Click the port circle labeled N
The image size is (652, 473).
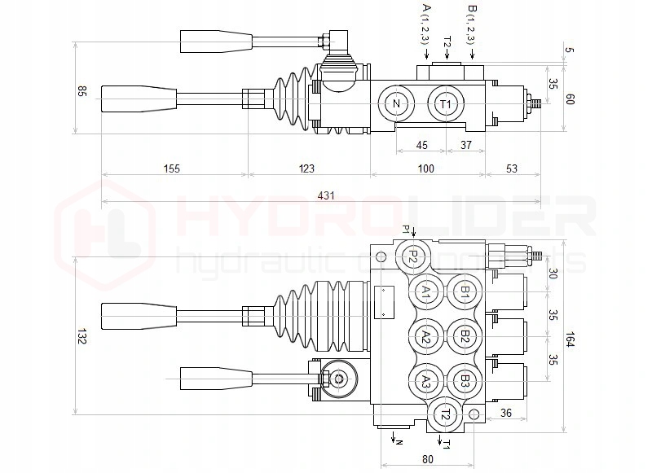pyautogui.click(x=397, y=104)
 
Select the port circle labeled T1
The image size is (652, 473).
pyautogui.click(x=445, y=104)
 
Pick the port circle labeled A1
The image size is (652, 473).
pyautogui.click(x=425, y=293)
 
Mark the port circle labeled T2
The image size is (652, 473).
pyautogui.click(x=445, y=414)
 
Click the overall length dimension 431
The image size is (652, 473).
pyautogui.click(x=326, y=195)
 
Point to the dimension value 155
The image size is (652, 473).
pyautogui.click(x=171, y=169)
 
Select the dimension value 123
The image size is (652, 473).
pyautogui.click(x=306, y=169)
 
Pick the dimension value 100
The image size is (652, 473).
pyautogui.click(x=425, y=169)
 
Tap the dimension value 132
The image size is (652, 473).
pyautogui.click(x=81, y=336)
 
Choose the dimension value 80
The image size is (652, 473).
pyautogui.click(x=428, y=458)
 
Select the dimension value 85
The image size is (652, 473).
pyautogui.click(x=81, y=91)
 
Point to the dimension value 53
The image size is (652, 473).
pyautogui.click(x=512, y=169)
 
